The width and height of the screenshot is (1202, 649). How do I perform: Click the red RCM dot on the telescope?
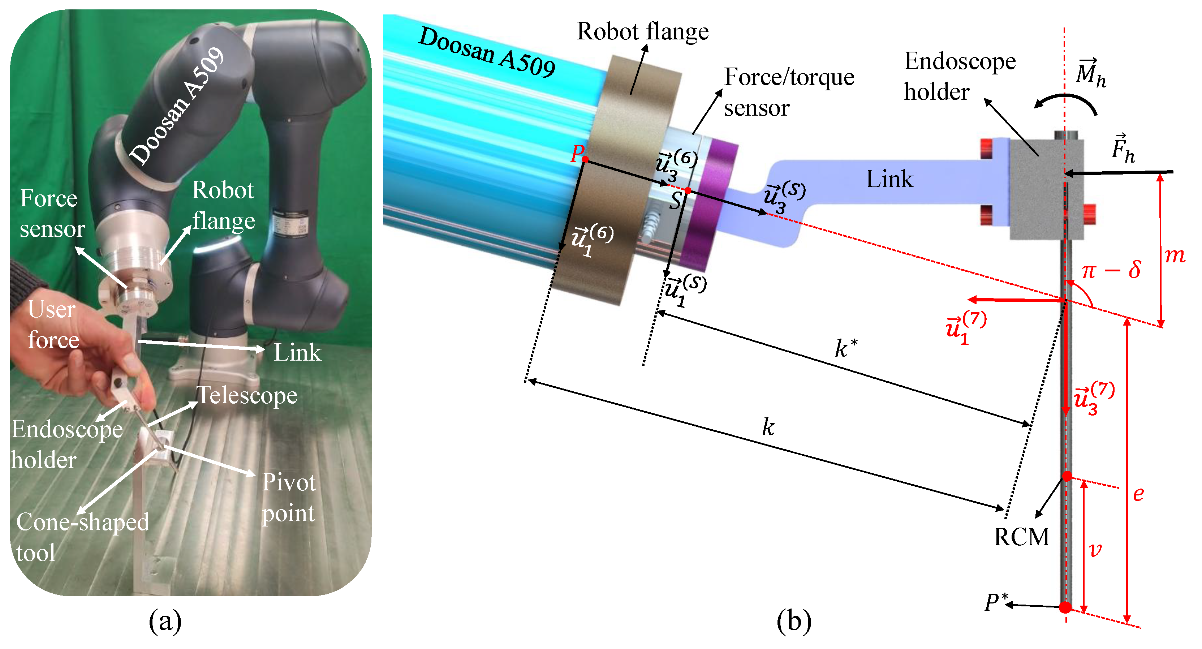1067,476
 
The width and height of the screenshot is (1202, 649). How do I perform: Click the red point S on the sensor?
688,190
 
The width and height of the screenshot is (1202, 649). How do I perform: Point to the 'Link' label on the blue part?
889,179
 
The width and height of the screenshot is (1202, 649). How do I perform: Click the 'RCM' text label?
1021,537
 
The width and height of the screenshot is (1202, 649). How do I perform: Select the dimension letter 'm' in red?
1175,255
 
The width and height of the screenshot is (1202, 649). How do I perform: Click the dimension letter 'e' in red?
1138,494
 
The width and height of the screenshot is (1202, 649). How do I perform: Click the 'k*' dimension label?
845,348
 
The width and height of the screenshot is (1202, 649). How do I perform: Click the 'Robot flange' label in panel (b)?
642,32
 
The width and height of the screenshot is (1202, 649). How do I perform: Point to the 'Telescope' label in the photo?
246,396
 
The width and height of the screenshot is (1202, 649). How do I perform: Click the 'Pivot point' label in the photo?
288,497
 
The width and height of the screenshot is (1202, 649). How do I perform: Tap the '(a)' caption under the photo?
165,622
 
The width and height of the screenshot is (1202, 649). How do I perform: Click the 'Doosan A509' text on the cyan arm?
487,51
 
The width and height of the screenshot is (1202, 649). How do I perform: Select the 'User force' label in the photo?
52,324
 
